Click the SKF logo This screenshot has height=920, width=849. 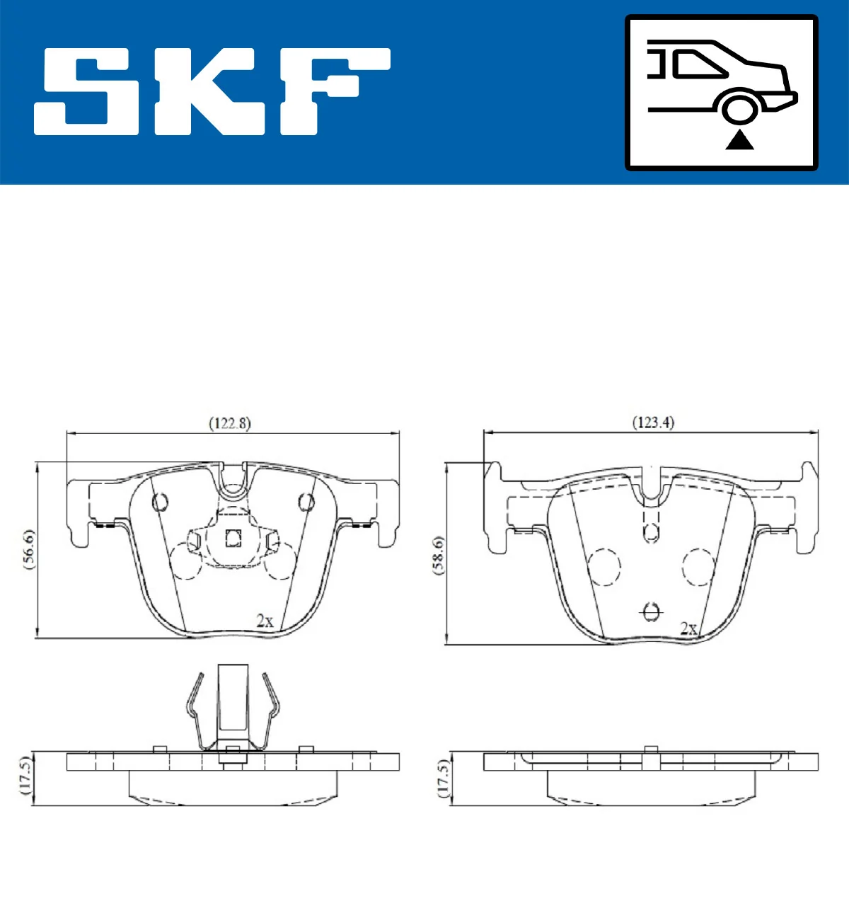click(212, 91)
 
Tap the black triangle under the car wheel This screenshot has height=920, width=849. click(740, 140)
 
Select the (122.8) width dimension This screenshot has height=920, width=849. click(230, 423)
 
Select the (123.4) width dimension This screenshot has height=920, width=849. click(652, 422)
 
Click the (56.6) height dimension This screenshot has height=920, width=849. click(28, 549)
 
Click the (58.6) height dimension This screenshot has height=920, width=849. click(439, 555)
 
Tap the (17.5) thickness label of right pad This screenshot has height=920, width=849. click(443, 778)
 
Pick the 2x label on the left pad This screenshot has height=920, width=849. click(265, 621)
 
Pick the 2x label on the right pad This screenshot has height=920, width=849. click(688, 628)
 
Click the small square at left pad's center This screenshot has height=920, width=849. click(233, 539)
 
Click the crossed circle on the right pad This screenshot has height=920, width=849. click(651, 611)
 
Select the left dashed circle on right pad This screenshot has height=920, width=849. click(604, 567)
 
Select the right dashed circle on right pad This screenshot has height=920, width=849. click(699, 567)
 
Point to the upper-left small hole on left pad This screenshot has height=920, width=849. click(161, 502)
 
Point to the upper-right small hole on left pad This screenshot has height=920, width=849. click(306, 502)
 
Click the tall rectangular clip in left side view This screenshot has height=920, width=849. click(233, 701)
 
